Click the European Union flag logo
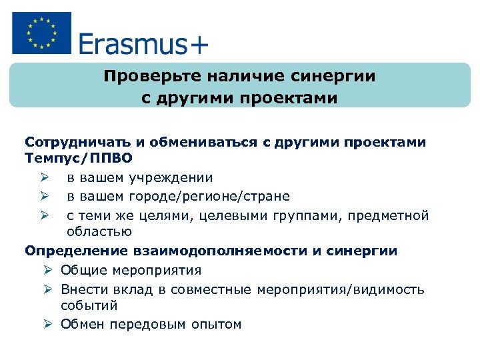pyautogui.click(x=41, y=33)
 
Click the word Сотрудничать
pyautogui.click(x=74, y=143)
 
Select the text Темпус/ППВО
pyautogui.click(x=79, y=159)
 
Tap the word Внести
pyautogui.click(x=82, y=289)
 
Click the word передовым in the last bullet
pyautogui.click(x=144, y=325)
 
